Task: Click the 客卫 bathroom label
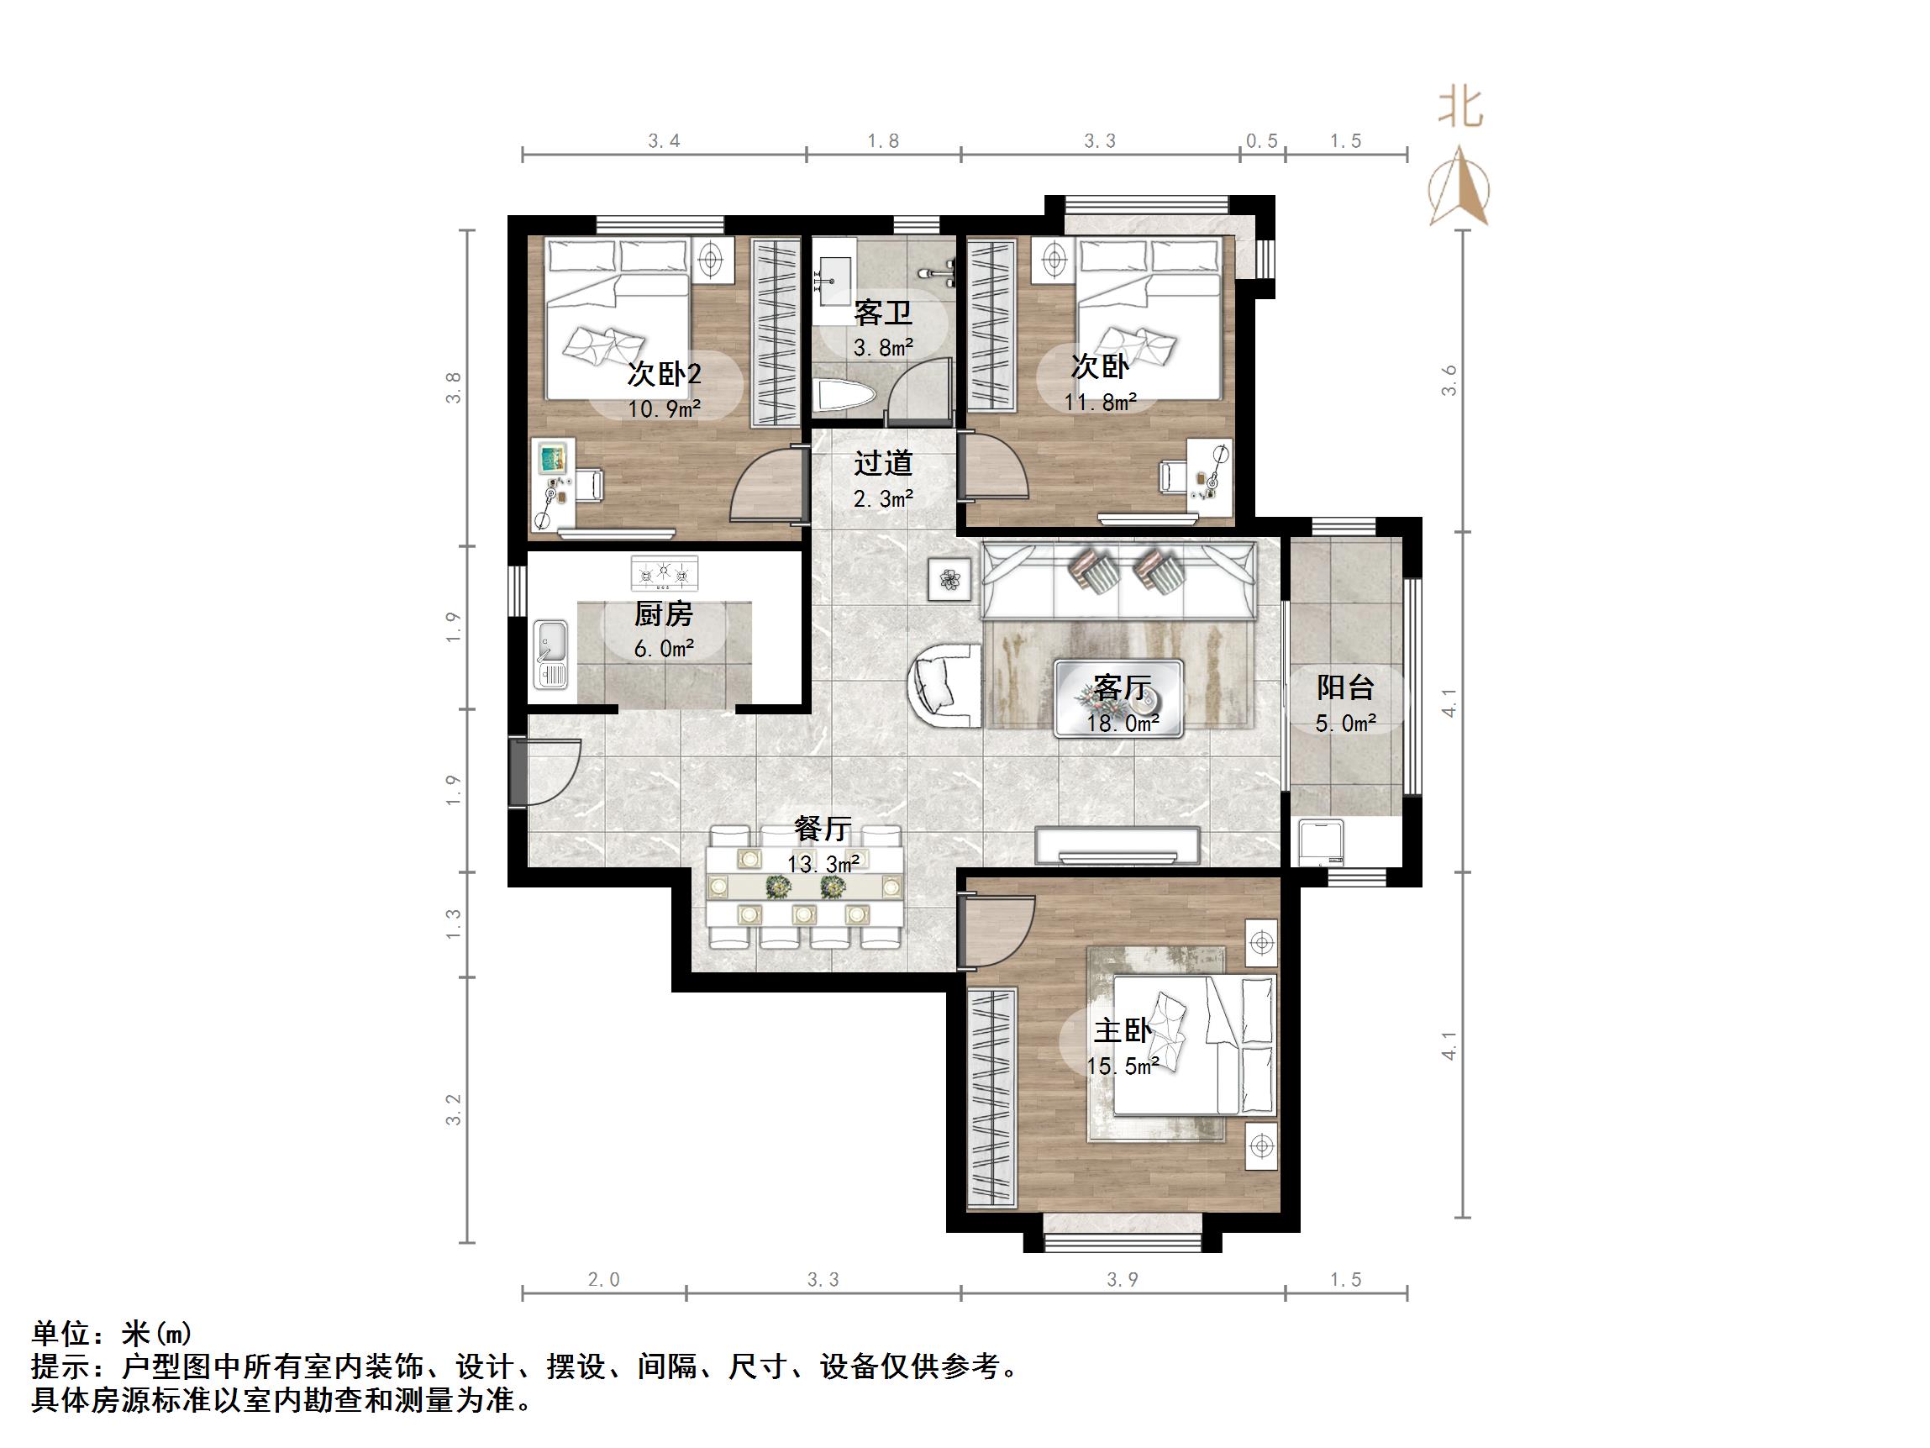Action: click(x=882, y=312)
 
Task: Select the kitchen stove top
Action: click(x=665, y=573)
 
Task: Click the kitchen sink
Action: click(x=550, y=654)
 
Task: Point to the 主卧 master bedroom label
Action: click(x=1122, y=1031)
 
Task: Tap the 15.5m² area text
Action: click(x=1122, y=1066)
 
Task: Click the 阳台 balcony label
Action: click(x=1344, y=687)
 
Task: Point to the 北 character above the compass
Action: click(x=1459, y=110)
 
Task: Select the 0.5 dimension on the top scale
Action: click(x=1262, y=140)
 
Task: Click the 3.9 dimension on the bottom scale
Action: click(x=1122, y=1280)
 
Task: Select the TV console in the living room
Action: click(x=1118, y=844)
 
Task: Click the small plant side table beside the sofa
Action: click(x=949, y=578)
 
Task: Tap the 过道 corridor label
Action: click(x=882, y=462)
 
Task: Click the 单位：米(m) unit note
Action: click(x=112, y=1334)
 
